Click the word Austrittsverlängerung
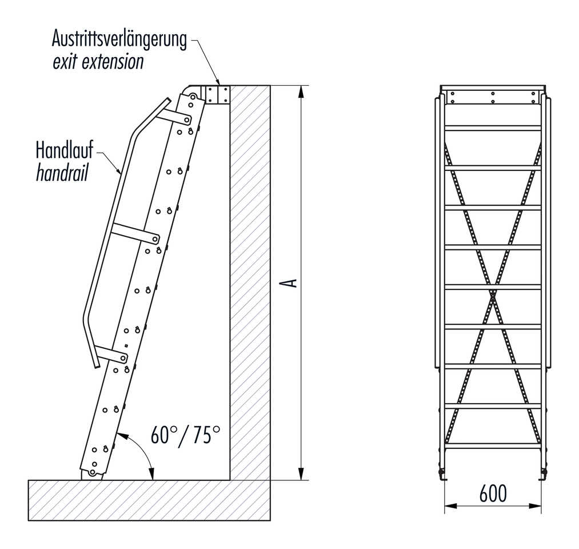click(x=119, y=41)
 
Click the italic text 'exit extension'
click(x=98, y=62)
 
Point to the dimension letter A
click(x=291, y=283)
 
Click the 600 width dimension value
click(x=493, y=493)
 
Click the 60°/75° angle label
click(x=186, y=435)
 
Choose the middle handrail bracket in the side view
click(x=135, y=233)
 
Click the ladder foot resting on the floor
click(x=91, y=474)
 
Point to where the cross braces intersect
click(x=493, y=295)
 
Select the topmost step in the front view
click(x=493, y=128)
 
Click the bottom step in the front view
click(x=493, y=445)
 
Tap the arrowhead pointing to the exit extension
click(x=218, y=83)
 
